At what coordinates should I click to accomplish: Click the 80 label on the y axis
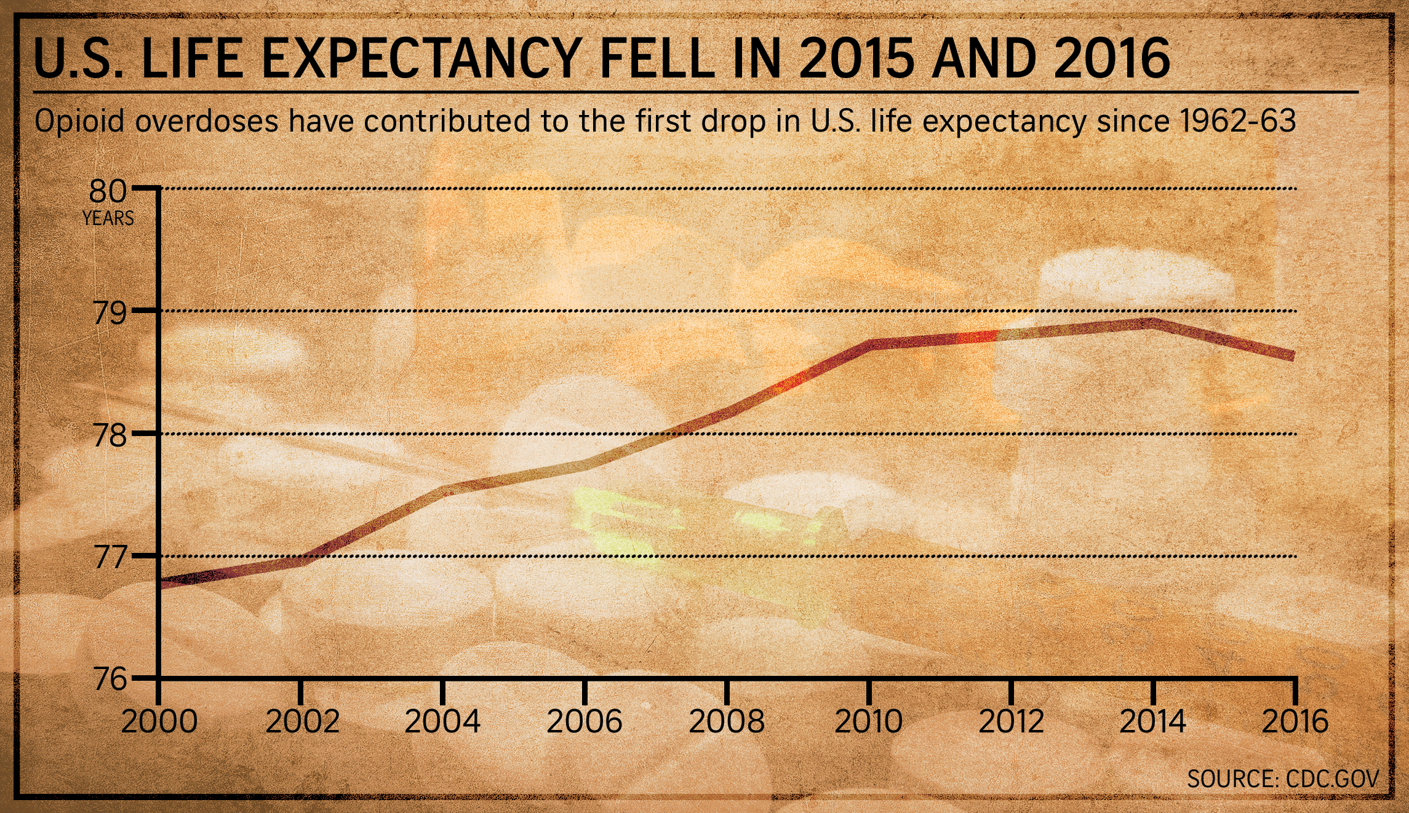tap(108, 191)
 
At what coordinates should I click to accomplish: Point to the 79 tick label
tap(110, 313)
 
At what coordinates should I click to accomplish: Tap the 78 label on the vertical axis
tap(110, 436)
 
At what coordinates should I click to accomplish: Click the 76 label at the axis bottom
tap(110, 680)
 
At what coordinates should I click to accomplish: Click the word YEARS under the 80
tap(108, 218)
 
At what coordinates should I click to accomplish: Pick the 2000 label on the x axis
tap(159, 722)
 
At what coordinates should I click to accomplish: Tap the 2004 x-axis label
tap(442, 722)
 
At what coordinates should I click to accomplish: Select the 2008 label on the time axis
tap(727, 722)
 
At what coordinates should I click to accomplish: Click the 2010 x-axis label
tap(868, 722)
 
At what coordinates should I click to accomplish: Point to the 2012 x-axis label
tap(1011, 722)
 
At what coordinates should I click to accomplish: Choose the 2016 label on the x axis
tap(1295, 722)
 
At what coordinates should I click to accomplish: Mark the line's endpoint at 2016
tap(1294, 357)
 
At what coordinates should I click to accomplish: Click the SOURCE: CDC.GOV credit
tap(1283, 779)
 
